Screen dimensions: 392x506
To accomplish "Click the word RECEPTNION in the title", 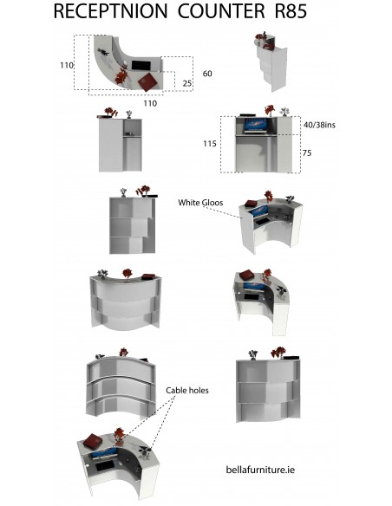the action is [x=110, y=11].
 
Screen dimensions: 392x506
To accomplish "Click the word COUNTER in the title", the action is [x=221, y=11].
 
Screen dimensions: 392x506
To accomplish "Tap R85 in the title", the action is [x=291, y=11].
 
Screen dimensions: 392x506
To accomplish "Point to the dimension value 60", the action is [x=207, y=74].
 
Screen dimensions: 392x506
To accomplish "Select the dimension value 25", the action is [x=187, y=83].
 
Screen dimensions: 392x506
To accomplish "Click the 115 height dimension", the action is [x=210, y=144].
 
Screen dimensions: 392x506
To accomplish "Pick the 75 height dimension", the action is [x=307, y=153].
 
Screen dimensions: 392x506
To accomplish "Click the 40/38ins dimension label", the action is [x=319, y=125].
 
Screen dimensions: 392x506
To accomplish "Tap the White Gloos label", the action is [x=200, y=203].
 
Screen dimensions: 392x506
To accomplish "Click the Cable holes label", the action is [x=187, y=391].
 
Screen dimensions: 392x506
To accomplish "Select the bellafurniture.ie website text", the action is [x=260, y=470].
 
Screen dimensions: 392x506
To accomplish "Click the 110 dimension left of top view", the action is [x=67, y=65].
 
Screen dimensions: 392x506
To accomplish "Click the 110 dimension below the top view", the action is [x=150, y=104].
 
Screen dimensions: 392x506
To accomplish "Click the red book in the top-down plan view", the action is [x=147, y=82].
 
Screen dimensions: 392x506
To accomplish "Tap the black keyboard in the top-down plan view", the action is [x=141, y=65].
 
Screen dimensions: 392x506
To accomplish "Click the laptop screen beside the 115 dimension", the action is [x=257, y=124].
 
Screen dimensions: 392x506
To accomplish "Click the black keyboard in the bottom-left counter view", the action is [x=104, y=466].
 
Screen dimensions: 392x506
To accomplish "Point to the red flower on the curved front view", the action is [x=127, y=273].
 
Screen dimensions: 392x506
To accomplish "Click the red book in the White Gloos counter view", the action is [x=252, y=203].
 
